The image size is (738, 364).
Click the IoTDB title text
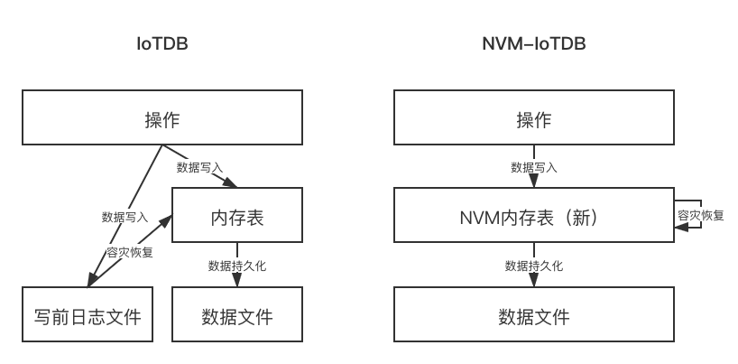pyautogui.click(x=161, y=43)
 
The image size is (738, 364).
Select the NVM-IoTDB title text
pyautogui.click(x=533, y=43)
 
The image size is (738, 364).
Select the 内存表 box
pyautogui.click(x=236, y=218)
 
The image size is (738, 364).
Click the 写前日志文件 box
pyautogui.click(x=88, y=316)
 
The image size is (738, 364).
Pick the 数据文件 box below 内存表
pyautogui.click(x=236, y=316)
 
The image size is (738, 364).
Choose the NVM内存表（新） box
pyautogui.click(x=533, y=218)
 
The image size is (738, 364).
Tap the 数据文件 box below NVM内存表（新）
pyautogui.click(x=533, y=316)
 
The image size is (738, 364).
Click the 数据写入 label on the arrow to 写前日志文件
pyautogui.click(x=125, y=217)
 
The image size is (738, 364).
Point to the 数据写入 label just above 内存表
pyautogui.click(x=199, y=167)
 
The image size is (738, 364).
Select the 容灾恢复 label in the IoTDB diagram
pyautogui.click(x=129, y=252)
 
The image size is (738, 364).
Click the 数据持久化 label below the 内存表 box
pyautogui.click(x=236, y=266)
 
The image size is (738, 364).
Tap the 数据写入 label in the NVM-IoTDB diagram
pyautogui.click(x=533, y=167)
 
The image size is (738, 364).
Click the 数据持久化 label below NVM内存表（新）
pyautogui.click(x=533, y=266)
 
